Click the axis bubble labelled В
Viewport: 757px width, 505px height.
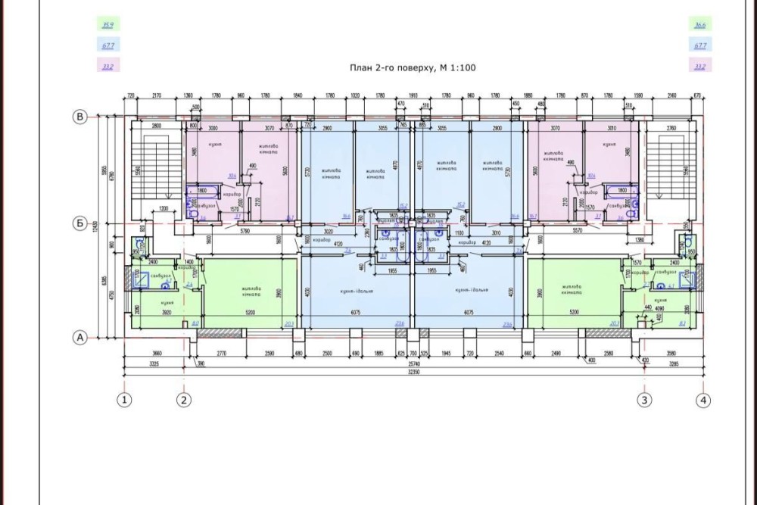click(78, 116)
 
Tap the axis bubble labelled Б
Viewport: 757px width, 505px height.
click(78, 223)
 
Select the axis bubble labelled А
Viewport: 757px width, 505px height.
click(78, 338)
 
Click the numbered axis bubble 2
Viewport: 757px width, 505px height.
click(185, 400)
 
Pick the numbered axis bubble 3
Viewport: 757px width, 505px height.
click(644, 400)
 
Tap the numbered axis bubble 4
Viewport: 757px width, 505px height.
click(706, 400)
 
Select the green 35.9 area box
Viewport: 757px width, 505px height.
click(107, 25)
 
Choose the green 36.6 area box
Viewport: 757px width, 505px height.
click(700, 25)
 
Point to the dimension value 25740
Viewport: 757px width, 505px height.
click(413, 365)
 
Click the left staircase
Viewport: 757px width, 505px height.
click(154, 169)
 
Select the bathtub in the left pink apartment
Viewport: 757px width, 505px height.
click(200, 192)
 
